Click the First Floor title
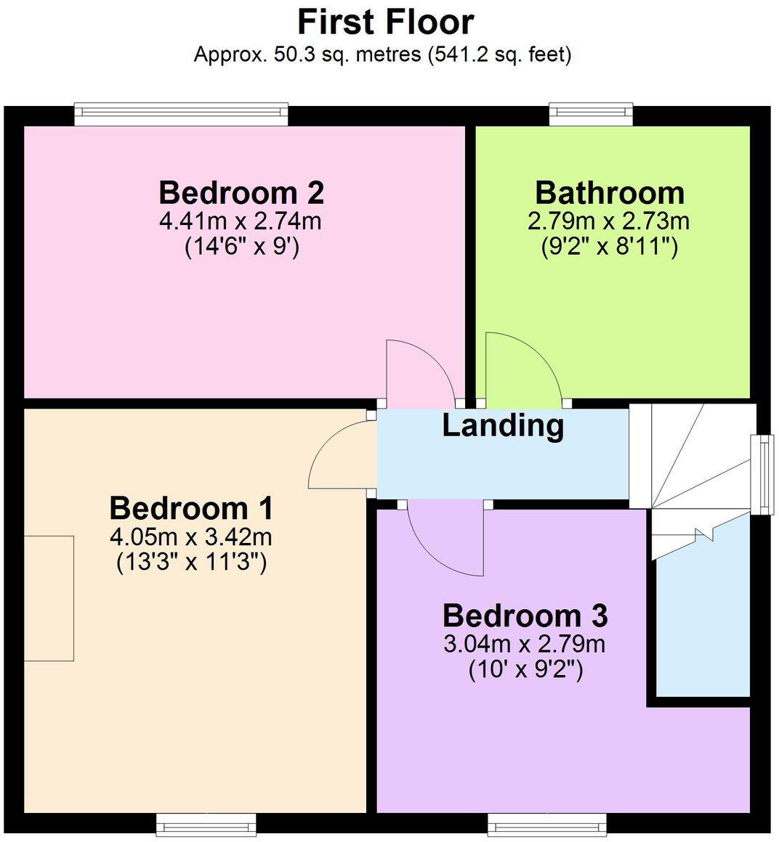pos(386,22)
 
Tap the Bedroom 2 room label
pos(241,193)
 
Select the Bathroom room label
pos(610,193)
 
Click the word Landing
pos(503,425)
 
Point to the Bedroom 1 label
pos(191,508)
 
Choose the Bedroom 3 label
pos(525,616)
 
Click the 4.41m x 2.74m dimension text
pos(241,221)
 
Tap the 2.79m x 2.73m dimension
pos(609,221)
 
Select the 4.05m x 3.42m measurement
pos(191,537)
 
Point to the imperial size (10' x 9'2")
pos(525,669)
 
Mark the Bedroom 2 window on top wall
pos(182,113)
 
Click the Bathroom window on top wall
pos(591,113)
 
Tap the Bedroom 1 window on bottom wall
pos(206,823)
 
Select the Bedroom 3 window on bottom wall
pos(546,823)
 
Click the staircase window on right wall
pos(763,474)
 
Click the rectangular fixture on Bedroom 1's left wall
pos(49,598)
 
